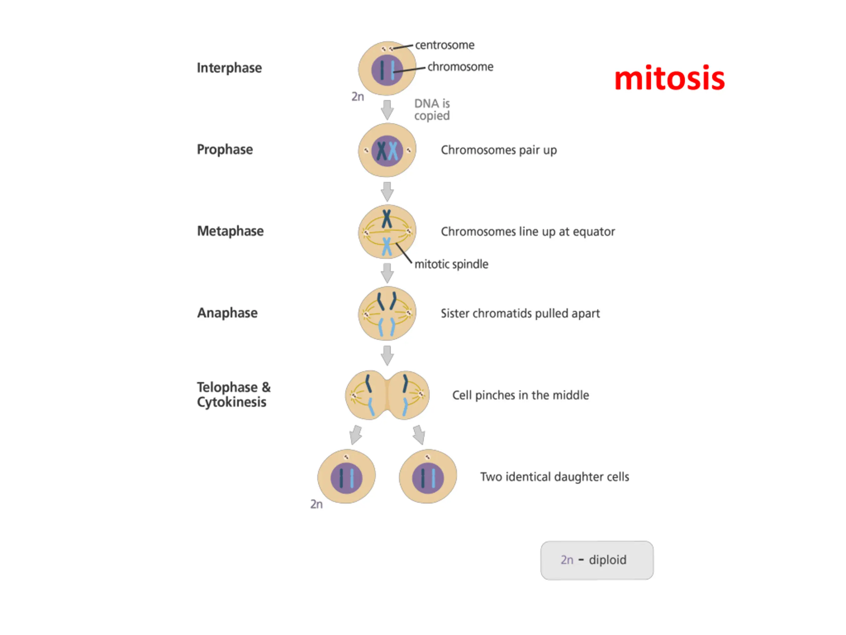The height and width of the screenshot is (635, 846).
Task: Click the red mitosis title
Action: [x=669, y=78]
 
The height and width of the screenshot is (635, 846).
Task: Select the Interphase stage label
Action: [x=229, y=68]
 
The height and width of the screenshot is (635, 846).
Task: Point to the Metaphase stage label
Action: [x=230, y=231]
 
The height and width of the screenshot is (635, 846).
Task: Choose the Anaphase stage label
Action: [x=227, y=313]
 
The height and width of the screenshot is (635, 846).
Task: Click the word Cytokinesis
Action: [x=231, y=402]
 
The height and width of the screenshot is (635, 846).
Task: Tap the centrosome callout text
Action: [x=444, y=45]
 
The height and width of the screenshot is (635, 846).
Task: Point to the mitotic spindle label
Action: [x=451, y=264]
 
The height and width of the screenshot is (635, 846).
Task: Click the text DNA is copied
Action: [x=432, y=109]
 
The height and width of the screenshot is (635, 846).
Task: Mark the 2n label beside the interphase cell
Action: [x=358, y=97]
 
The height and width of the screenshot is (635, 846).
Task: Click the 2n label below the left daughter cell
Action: [x=316, y=504]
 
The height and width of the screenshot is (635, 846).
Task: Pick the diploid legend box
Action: [x=596, y=560]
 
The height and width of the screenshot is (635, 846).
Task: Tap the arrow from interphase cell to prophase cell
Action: [x=387, y=110]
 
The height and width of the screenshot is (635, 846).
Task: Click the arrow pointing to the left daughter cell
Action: [x=356, y=435]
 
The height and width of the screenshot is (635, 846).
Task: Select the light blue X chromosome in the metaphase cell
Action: [x=387, y=246]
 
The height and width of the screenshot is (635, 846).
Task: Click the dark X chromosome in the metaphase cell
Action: [x=387, y=219]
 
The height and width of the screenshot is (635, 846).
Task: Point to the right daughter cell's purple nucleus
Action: [x=428, y=478]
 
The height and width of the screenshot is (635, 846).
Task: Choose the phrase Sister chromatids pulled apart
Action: [x=520, y=314]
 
